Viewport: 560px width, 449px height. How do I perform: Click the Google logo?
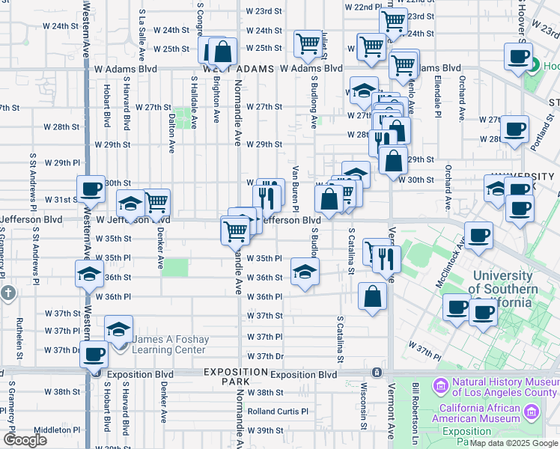[25, 440]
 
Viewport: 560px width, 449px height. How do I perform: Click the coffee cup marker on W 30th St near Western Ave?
[91, 189]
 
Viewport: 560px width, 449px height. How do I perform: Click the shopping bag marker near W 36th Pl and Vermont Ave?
[372, 296]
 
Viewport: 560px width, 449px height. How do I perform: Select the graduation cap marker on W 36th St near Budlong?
[305, 271]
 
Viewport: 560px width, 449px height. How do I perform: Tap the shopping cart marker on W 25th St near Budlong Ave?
[308, 44]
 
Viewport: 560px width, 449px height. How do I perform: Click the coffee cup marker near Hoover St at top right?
[517, 57]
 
